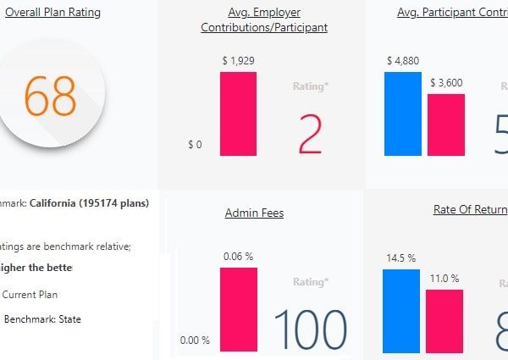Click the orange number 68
pos(52,96)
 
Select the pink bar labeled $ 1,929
pos(238,114)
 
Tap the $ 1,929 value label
pos(237,61)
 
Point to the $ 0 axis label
pos(195,145)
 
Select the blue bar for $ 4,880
pos(402,114)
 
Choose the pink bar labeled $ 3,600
pos(445,125)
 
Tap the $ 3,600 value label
pos(445,83)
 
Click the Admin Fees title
pos(254,213)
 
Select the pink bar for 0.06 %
pos(238,309)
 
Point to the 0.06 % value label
pos(238,256)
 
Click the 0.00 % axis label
pos(195,341)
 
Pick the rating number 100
pos(310,330)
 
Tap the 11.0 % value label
pos(444,279)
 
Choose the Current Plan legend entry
pos(30,295)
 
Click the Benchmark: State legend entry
pos(39,319)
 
